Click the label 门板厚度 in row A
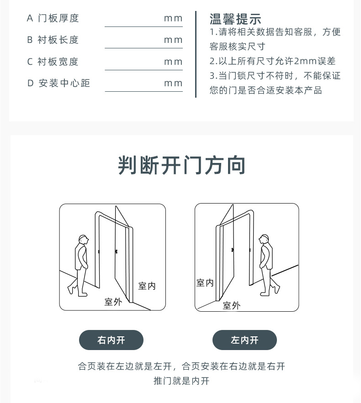pos(58,18)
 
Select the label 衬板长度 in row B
pos(58,40)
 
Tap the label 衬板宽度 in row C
pos(58,62)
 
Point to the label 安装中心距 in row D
pos(64,83)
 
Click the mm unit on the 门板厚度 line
pos(173,19)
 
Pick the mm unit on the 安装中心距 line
pos(173,84)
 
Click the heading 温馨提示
pos(235,19)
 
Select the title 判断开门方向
pos(181,165)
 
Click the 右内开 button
pos(111,340)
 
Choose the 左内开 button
pos(244,340)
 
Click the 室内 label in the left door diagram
pos(147,286)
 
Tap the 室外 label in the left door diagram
pos(113,302)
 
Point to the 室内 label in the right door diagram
pos(205,283)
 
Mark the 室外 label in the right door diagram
pos(232,305)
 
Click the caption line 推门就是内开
pos(181,381)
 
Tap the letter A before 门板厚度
pos(30,19)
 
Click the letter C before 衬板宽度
pos(30,62)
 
